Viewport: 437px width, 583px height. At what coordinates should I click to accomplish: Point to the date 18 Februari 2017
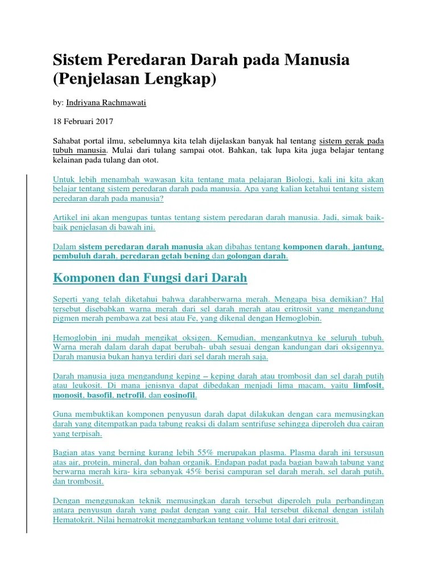point(83,121)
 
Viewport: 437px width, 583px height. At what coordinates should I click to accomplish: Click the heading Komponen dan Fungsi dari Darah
point(150,278)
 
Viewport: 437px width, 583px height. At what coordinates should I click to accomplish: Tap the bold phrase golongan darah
point(257,256)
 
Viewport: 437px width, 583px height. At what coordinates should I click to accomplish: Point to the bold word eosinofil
point(180,395)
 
